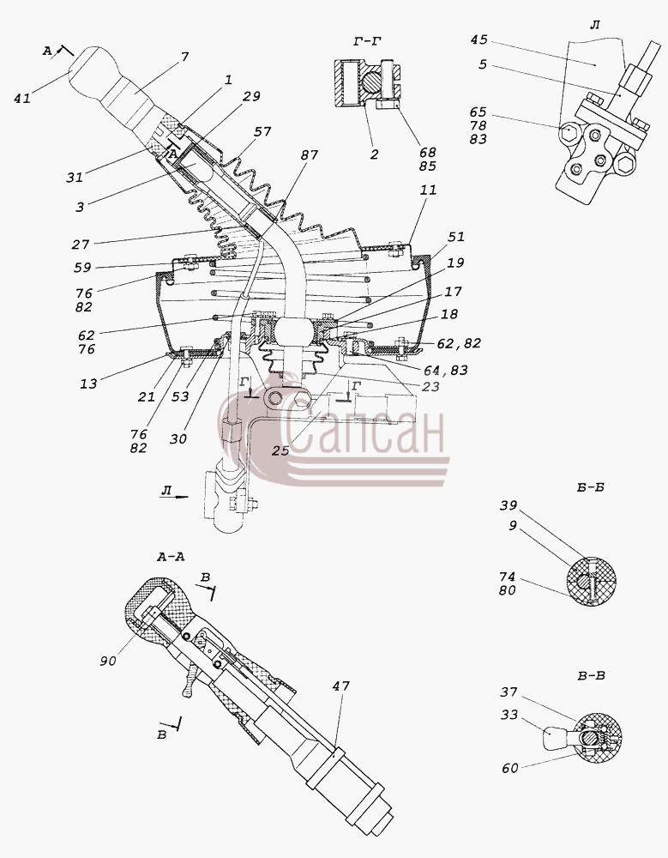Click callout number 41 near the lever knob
(x=22, y=99)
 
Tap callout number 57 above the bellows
(x=262, y=132)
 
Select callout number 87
(x=309, y=154)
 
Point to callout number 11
(x=429, y=190)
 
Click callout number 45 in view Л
(x=478, y=40)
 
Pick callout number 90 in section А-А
(x=108, y=661)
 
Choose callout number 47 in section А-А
(x=340, y=686)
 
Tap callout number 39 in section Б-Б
(x=509, y=505)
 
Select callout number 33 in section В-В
(x=509, y=715)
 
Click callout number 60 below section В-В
(x=510, y=768)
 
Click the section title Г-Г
(x=367, y=41)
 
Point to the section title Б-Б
(x=590, y=487)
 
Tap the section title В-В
(x=591, y=676)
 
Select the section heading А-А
(x=171, y=557)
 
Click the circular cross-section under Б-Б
(x=592, y=581)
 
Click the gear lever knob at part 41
(x=92, y=71)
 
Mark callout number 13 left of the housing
(x=88, y=384)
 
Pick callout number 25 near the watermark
(x=280, y=450)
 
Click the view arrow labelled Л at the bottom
(x=175, y=496)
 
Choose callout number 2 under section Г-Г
(x=374, y=154)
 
